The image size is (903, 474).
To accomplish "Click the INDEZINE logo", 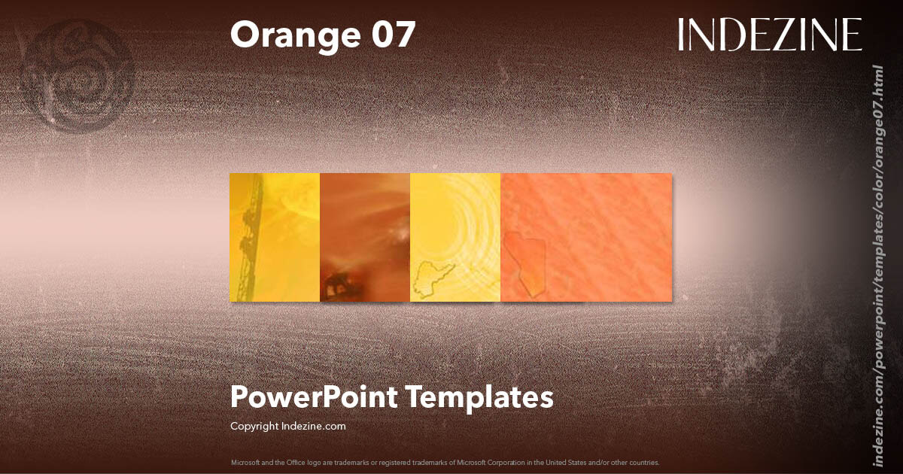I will (x=769, y=35).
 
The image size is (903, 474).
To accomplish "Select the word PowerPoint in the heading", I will (x=314, y=397).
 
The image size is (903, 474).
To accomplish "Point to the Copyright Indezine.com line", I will (x=287, y=426).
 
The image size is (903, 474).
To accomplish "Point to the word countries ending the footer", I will (x=644, y=462).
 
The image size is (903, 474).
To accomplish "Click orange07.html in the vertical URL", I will (x=877, y=105).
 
